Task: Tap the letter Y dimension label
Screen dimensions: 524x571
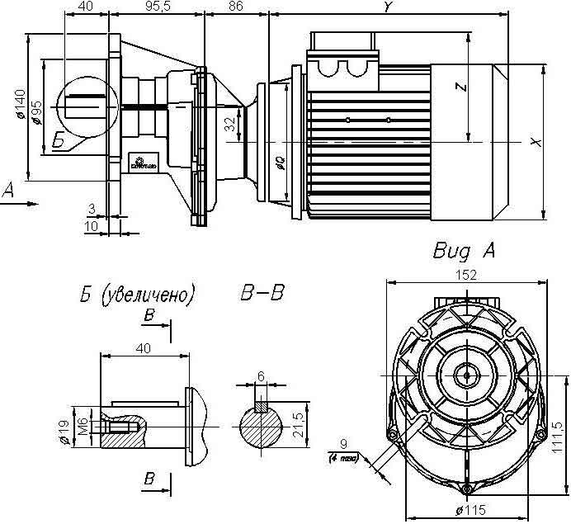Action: coord(386,7)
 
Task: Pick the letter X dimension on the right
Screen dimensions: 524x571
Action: coord(537,143)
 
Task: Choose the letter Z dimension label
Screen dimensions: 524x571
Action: coord(461,86)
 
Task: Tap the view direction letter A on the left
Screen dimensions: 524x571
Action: coord(10,191)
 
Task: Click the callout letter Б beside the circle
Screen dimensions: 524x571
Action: coord(59,142)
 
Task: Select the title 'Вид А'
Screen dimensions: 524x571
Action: coord(463,251)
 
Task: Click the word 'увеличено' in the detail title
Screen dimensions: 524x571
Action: coord(149,294)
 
